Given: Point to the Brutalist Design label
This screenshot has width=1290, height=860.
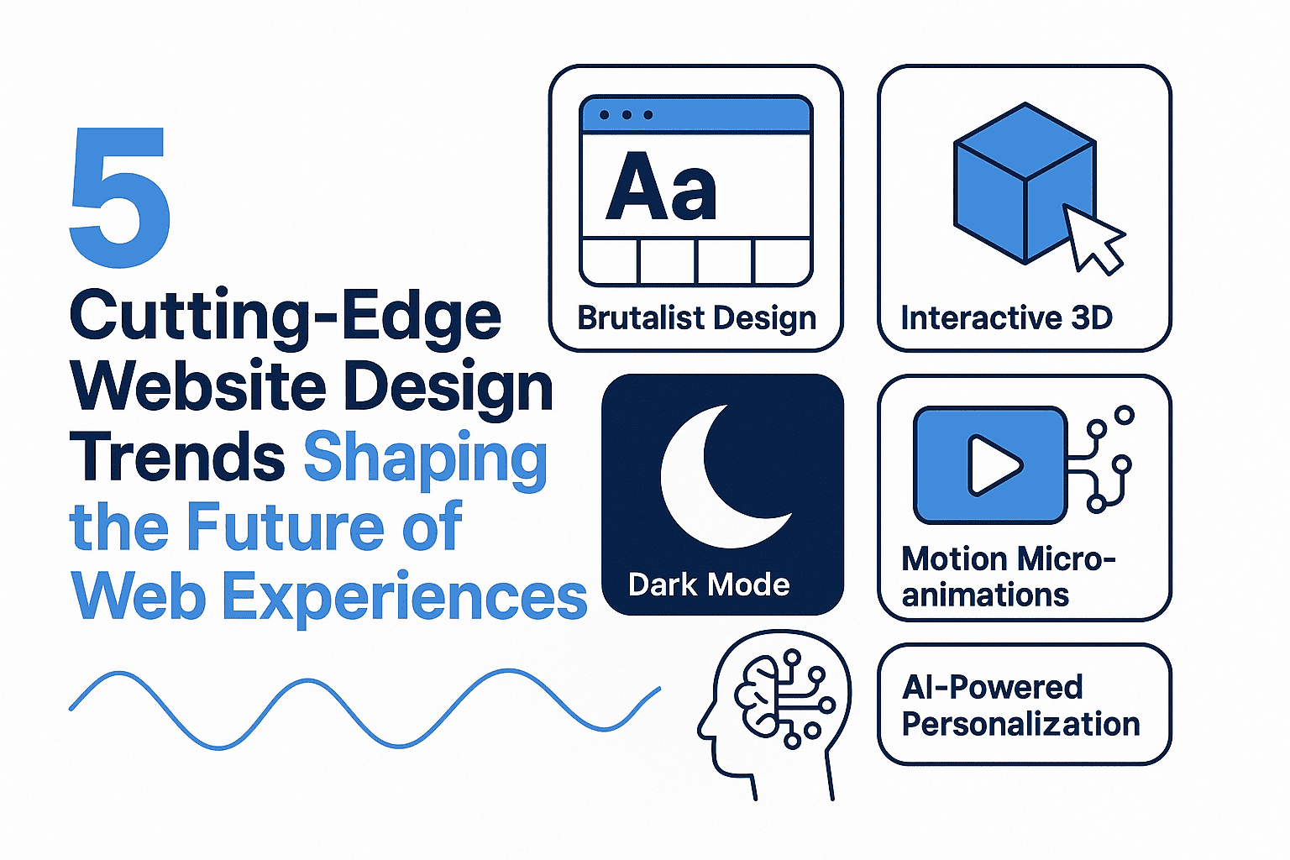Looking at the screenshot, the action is click(x=697, y=318).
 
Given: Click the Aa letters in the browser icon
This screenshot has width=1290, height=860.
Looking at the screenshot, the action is click(x=661, y=186).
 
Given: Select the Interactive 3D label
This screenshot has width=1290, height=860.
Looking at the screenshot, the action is click(x=1007, y=317).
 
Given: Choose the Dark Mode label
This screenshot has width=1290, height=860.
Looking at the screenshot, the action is click(x=709, y=585).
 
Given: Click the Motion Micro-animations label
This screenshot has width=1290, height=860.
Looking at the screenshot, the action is click(x=1009, y=577).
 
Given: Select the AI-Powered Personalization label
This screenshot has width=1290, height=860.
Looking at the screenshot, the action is click(x=1020, y=705).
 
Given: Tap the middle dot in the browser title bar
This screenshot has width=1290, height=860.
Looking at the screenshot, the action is click(x=627, y=114).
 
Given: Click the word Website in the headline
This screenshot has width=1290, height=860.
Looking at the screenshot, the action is click(x=198, y=386).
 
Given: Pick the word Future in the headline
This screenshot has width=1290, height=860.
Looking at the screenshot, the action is click(x=285, y=527).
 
